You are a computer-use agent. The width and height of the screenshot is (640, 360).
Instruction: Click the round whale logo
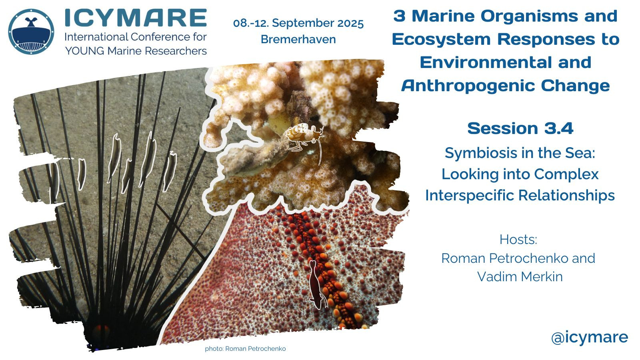[31, 32]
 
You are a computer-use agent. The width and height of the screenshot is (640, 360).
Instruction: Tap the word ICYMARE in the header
[136, 18]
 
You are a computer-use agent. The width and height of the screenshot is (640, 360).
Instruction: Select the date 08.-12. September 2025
[298, 23]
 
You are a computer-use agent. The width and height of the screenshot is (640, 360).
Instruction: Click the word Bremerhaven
[298, 39]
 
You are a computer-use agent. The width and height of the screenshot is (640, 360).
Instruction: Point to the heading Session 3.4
[520, 128]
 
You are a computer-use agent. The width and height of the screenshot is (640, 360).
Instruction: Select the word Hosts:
[518, 239]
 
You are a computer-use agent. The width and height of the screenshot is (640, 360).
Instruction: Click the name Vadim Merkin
[520, 276]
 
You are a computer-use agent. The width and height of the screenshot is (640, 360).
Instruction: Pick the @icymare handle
[590, 337]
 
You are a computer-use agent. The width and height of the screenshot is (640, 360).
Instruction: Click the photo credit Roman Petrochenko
[256, 348]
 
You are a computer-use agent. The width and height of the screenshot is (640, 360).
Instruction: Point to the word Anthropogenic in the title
[468, 86]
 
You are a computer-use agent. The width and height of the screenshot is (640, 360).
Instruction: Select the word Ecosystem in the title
[441, 39]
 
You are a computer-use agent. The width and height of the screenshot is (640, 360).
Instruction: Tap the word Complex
[566, 174]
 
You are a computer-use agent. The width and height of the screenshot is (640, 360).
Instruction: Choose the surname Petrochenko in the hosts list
[528, 258]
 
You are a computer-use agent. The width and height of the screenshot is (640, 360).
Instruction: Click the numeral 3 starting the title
[400, 16]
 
